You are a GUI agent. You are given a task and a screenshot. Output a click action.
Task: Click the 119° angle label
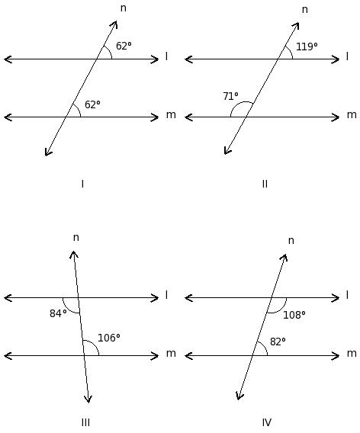pyautogui.click(x=307, y=47)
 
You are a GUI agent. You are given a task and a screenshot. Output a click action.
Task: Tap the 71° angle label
pyautogui.click(x=230, y=96)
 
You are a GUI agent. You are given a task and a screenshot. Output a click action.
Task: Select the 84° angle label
pyautogui.click(x=58, y=313)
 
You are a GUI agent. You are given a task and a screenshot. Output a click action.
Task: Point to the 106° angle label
pyautogui.click(x=109, y=338)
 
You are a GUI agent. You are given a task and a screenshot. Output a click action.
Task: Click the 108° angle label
pyautogui.click(x=294, y=315)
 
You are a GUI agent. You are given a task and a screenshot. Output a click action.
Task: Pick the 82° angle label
pyautogui.click(x=278, y=342)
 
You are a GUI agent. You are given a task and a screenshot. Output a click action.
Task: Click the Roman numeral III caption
pyautogui.click(x=85, y=422)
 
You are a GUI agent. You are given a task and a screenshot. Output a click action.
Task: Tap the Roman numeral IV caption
pyautogui.click(x=267, y=422)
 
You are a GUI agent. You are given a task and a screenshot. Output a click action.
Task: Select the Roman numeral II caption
pyautogui.click(x=265, y=184)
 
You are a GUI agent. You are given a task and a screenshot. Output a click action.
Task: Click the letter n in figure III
pyautogui.click(x=76, y=238)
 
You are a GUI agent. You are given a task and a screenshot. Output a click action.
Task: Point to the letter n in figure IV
pyautogui.click(x=291, y=241)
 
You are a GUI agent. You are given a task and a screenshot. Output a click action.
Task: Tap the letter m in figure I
pyautogui.click(x=171, y=114)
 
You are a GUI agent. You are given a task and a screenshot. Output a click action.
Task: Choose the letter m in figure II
pyautogui.click(x=352, y=114)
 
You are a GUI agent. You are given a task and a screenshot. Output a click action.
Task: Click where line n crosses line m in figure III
pyautogui.click(x=84, y=356)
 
